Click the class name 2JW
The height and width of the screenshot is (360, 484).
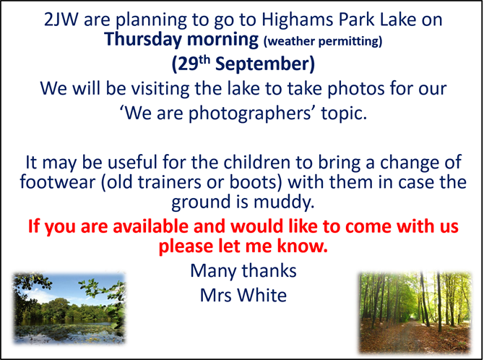61,20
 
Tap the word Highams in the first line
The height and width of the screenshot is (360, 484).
298,20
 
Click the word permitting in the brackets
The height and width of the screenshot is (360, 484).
350,41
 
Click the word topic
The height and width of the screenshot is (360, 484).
344,113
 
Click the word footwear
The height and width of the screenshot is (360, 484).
58,181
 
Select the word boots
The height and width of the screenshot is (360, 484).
254,181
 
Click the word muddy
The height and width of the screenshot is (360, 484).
284,202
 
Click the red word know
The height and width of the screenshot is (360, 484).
302,246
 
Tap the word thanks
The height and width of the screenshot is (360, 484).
269,270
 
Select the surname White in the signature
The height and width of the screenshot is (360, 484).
262,295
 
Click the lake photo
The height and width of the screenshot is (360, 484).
69,308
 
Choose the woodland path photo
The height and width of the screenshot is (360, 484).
415,312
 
